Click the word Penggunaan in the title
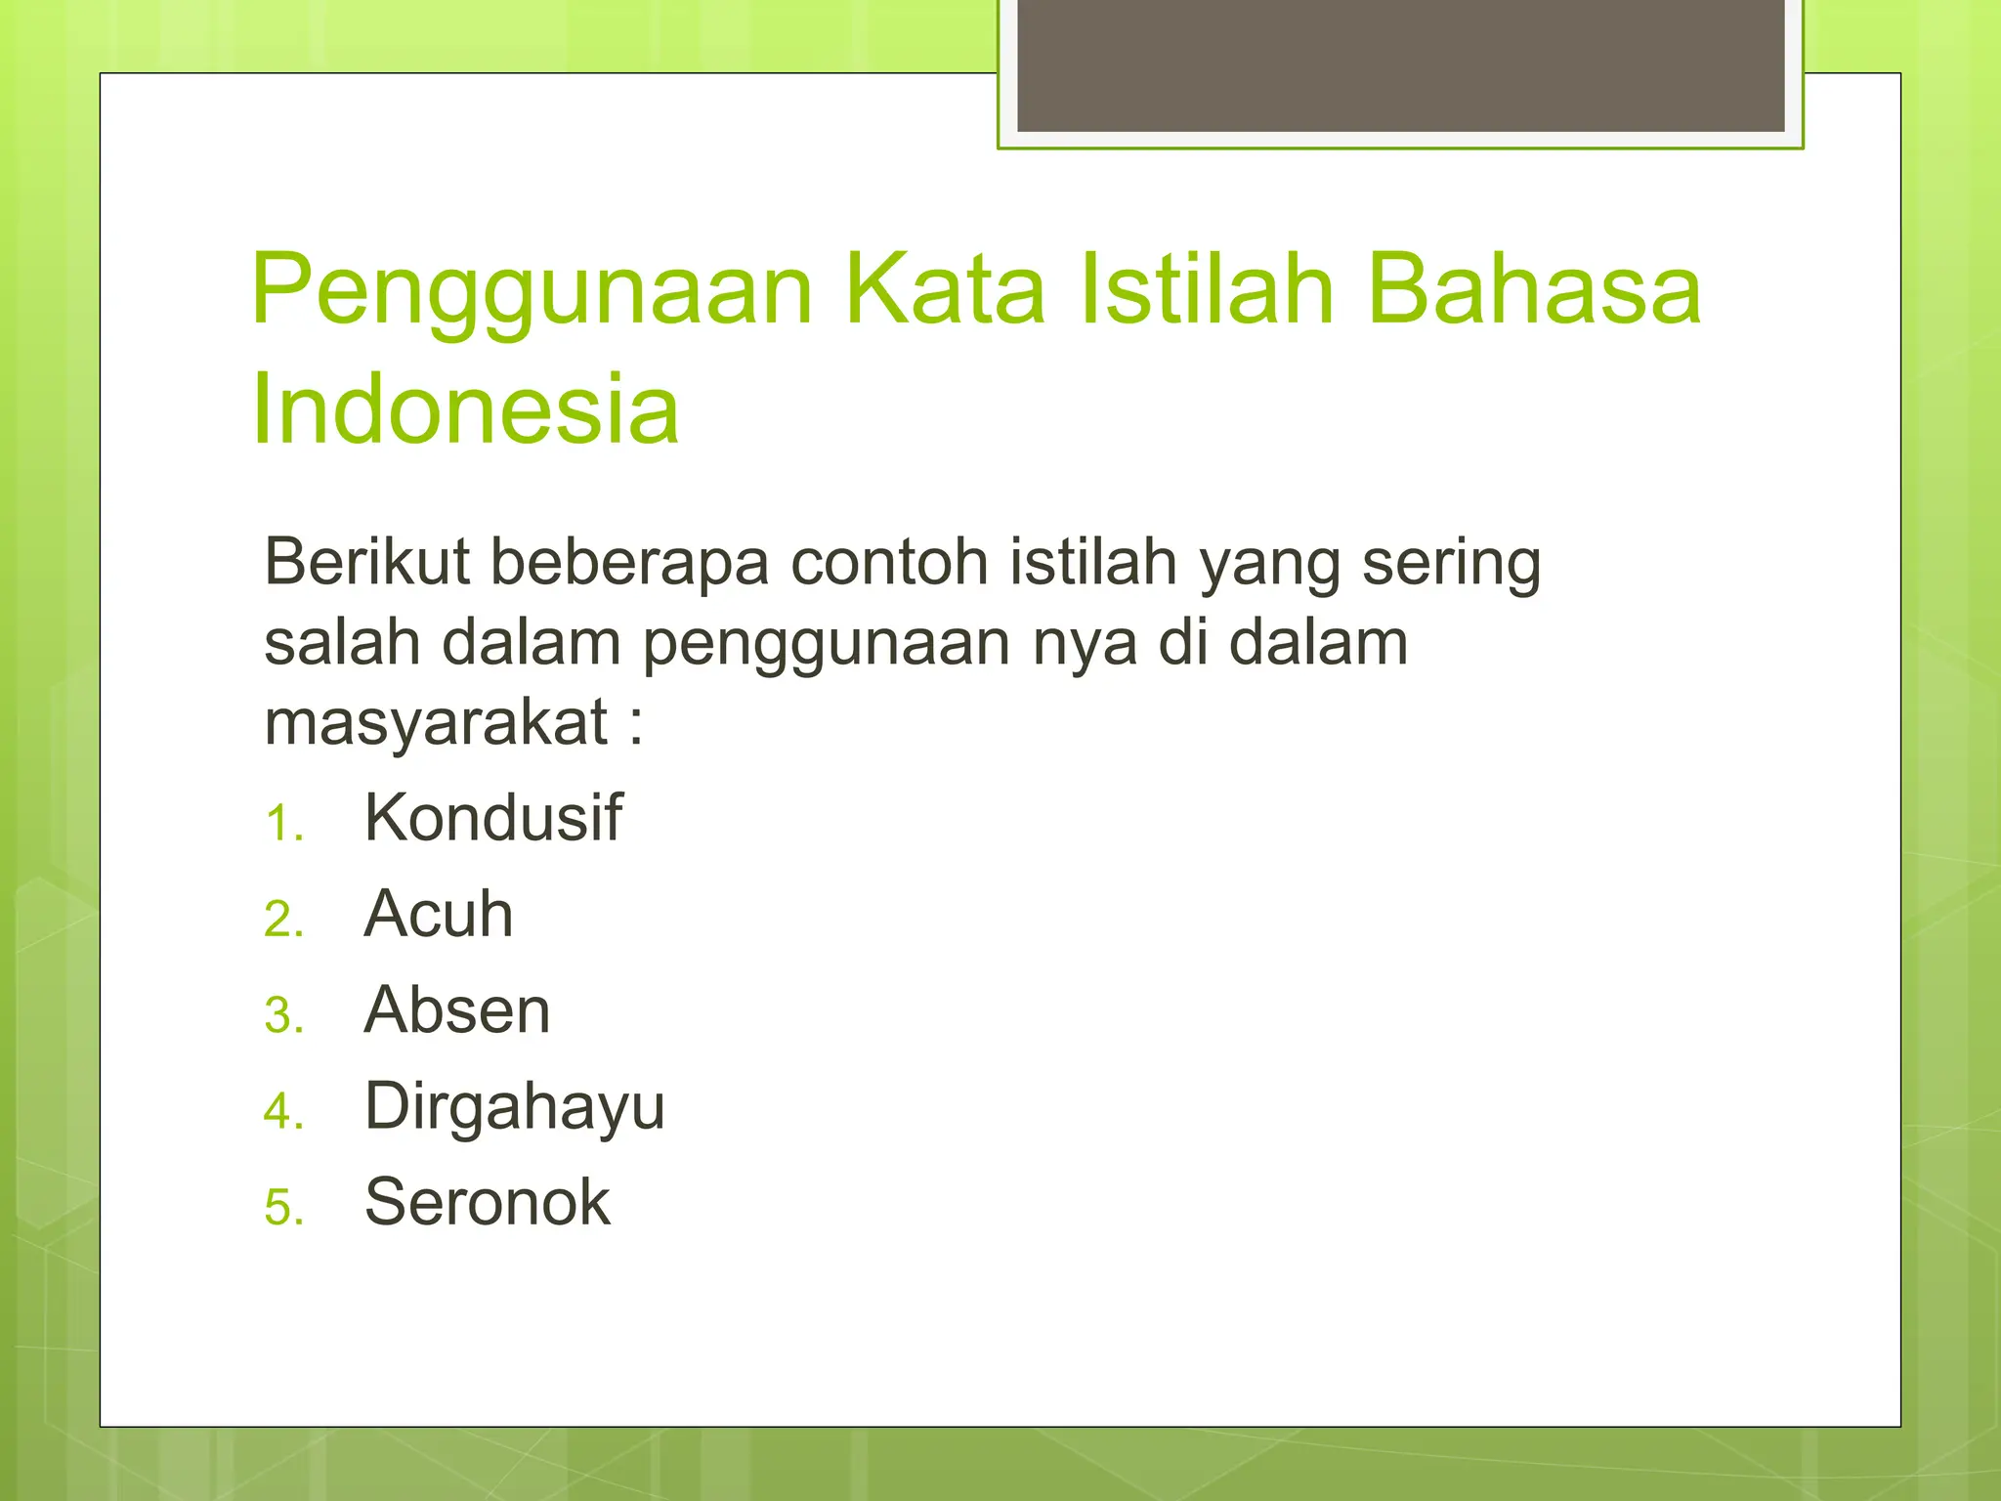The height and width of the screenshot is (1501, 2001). pos(532,290)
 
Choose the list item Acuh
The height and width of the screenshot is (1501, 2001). pos(438,914)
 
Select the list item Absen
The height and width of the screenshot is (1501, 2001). pos(456,1009)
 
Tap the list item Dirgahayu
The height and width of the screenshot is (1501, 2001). pos(514,1107)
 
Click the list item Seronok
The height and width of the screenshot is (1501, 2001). pos(487,1202)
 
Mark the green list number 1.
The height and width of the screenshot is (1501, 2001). pos(283,824)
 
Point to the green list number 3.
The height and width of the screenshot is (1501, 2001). pos(283,1016)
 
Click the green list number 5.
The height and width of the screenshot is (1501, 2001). pos(283,1209)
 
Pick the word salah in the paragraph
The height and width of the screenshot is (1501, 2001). pos(342,643)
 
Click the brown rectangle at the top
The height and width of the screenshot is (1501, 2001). pos(1400,64)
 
